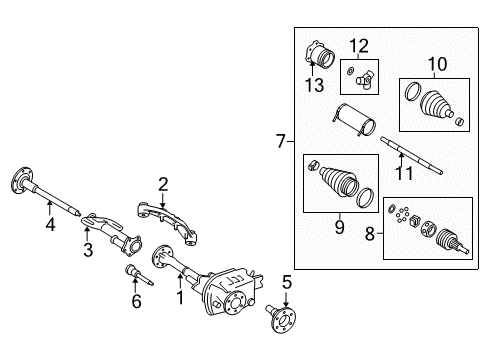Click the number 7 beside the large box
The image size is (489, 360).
pyautogui.click(x=281, y=143)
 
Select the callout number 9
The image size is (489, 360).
pyautogui.click(x=338, y=229)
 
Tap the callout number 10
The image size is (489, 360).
pyautogui.click(x=435, y=65)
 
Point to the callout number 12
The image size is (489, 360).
pyautogui.click(x=359, y=44)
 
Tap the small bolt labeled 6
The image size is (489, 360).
pyautogui.click(x=134, y=272)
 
